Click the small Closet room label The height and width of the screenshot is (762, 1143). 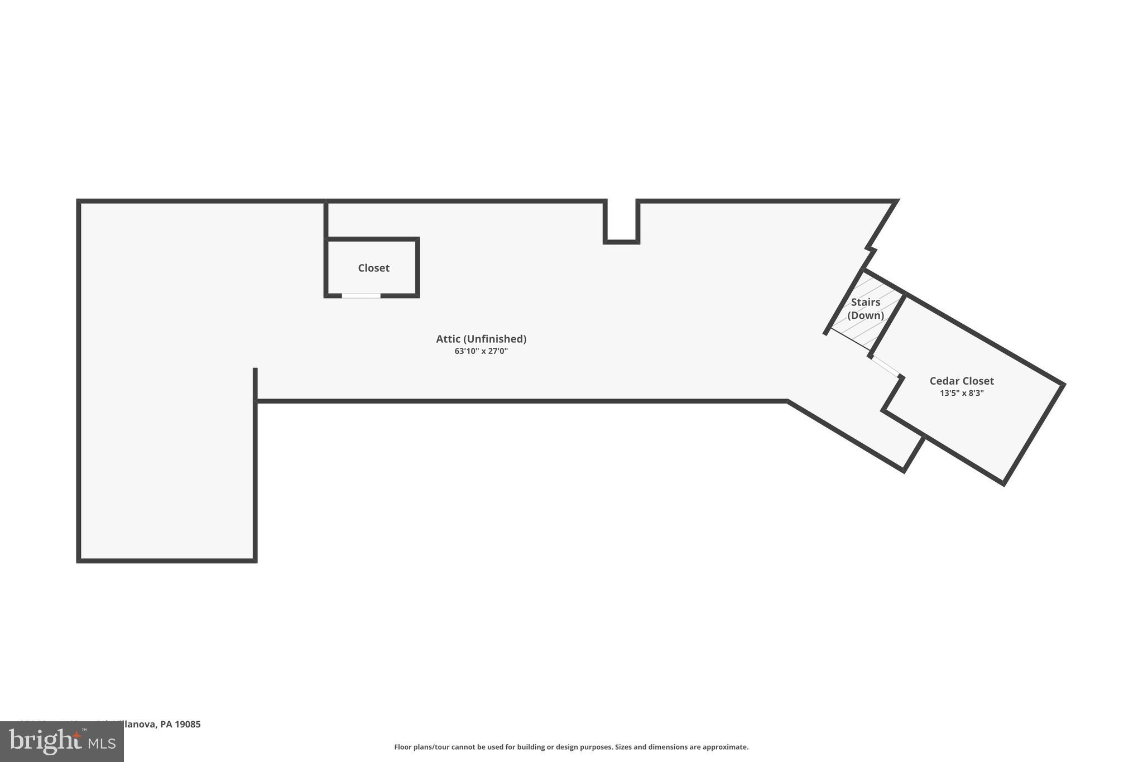[373, 268]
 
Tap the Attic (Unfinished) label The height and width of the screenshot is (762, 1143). [481, 339]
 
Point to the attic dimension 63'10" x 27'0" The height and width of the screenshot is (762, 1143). [481, 351]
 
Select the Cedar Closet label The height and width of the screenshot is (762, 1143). [961, 381]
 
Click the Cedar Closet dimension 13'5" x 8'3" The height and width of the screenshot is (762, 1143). [961, 393]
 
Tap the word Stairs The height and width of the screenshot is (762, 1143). [865, 302]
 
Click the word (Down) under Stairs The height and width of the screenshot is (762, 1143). [865, 315]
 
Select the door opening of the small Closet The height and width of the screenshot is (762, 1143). [361, 295]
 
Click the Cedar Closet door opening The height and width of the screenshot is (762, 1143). [885, 366]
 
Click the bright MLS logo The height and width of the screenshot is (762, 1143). [61, 741]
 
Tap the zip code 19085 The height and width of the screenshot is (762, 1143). [188, 724]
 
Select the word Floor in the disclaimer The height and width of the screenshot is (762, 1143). [403, 747]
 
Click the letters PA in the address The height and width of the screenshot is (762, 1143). [166, 724]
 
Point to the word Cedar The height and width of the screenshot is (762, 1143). [943, 381]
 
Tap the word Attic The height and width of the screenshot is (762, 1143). [448, 339]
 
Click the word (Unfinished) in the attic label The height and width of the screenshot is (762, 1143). [495, 339]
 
